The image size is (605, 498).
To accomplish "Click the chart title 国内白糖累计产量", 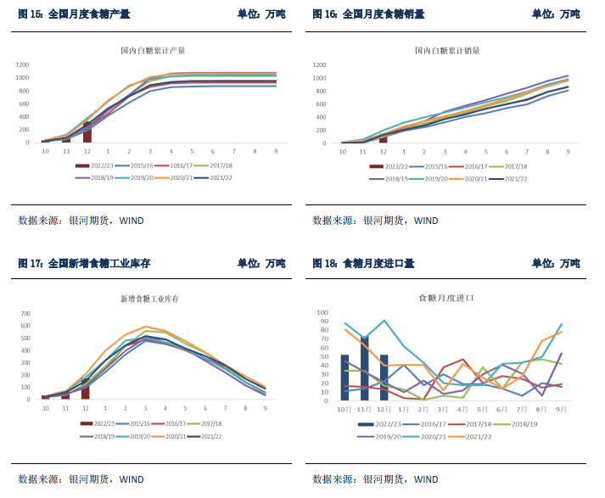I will point(153,51).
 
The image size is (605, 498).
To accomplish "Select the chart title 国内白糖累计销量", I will point(447,51).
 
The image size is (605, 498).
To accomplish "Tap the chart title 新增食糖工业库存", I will point(154,299).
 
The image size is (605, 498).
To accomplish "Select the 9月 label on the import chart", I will point(561,410).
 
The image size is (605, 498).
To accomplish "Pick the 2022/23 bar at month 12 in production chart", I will point(87,131).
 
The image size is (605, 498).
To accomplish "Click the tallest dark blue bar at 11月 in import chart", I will point(365,367).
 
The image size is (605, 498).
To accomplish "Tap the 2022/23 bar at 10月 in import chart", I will point(345,378).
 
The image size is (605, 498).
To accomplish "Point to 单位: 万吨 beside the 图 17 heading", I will point(261,264).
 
